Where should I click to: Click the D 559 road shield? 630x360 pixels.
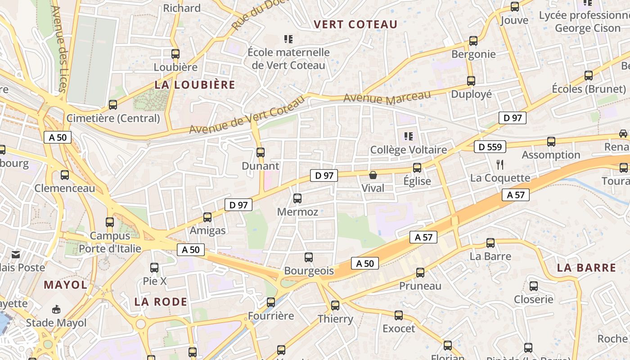click(x=490, y=147)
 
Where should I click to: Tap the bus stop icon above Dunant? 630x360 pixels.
click(x=260, y=152)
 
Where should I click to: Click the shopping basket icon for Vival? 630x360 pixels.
click(x=373, y=175)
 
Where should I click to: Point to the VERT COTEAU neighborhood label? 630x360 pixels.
click(x=355, y=24)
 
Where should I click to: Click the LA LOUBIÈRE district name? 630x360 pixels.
click(x=195, y=85)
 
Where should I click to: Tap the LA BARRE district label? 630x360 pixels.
click(x=586, y=268)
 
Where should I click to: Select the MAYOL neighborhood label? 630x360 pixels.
click(x=66, y=284)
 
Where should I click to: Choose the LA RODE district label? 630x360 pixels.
click(x=161, y=301)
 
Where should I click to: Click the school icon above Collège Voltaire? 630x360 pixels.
click(x=409, y=136)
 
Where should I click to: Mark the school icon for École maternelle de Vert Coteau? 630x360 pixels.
click(x=288, y=39)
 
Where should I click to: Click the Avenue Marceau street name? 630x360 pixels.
click(x=387, y=97)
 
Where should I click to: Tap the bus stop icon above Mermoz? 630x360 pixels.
click(x=297, y=198)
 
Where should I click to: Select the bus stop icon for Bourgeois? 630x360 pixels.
click(x=308, y=257)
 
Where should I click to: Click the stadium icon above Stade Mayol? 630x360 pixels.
click(x=56, y=309)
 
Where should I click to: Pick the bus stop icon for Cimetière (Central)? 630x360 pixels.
click(x=112, y=105)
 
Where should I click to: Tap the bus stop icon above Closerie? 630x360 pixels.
click(x=533, y=286)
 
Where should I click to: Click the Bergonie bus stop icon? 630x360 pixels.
click(x=473, y=41)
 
